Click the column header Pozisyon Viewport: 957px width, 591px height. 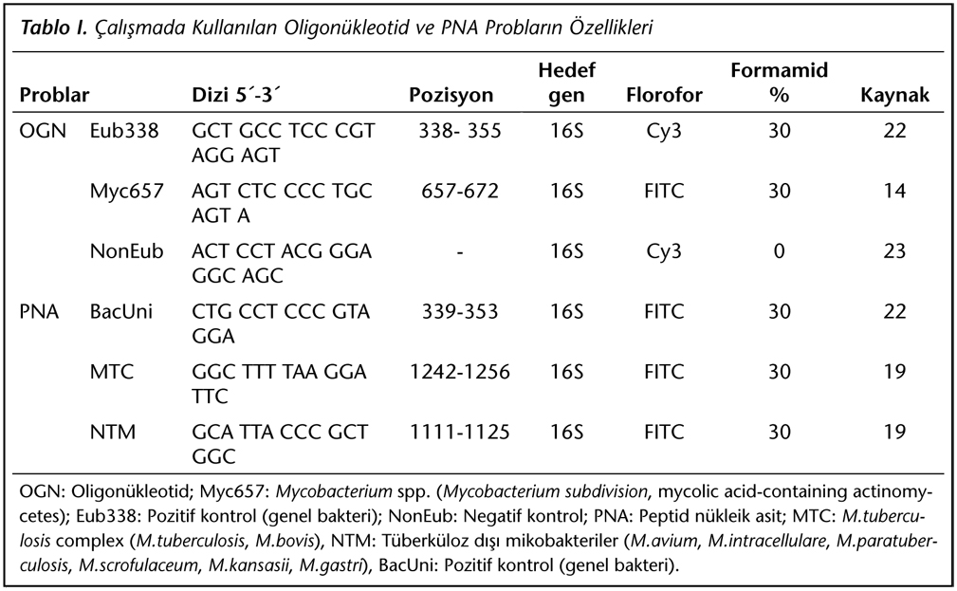point(451,95)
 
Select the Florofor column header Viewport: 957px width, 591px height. point(664,95)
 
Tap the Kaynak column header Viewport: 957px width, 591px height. point(894,95)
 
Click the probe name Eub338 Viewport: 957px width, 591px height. point(124,131)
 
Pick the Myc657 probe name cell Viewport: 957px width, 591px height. point(127,191)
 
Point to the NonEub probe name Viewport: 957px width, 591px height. point(126,251)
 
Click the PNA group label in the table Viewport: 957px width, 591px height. point(39,311)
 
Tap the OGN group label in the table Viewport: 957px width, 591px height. point(43,131)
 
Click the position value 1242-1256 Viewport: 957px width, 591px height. point(460,372)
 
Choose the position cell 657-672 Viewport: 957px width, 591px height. point(460,191)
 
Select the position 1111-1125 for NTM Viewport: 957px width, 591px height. point(460,433)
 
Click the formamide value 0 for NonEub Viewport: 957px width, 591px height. point(779,251)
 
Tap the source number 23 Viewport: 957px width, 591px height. point(894,251)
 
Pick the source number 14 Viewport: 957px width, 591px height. point(894,191)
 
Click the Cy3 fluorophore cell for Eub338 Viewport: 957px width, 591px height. point(663,131)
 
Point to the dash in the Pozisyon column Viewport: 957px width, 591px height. point(460,252)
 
